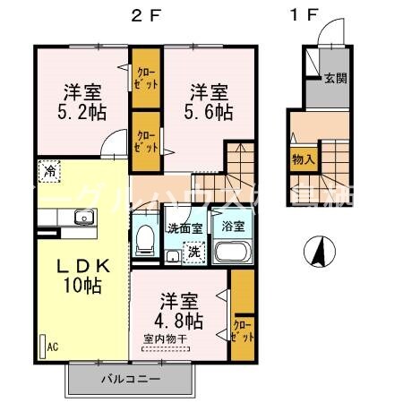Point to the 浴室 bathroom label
[232, 227]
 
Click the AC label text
[51, 344]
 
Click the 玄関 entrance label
[336, 78]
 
